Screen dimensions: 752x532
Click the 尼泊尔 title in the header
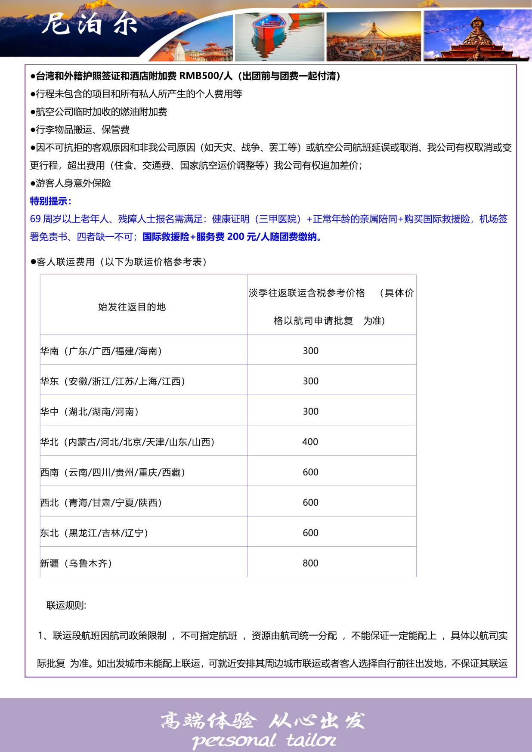[x=90, y=24]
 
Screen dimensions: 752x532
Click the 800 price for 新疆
[x=310, y=563]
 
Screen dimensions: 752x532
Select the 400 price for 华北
[x=310, y=442]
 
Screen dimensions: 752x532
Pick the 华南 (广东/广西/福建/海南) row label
[x=101, y=351]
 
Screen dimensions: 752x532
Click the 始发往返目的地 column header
[x=132, y=307]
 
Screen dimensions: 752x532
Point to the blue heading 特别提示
[x=50, y=201]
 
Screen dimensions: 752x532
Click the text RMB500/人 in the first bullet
[x=206, y=76]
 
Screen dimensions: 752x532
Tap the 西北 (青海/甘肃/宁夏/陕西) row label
[x=101, y=503]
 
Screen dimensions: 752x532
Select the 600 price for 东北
[x=310, y=533]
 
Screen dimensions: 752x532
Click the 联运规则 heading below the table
[x=66, y=605]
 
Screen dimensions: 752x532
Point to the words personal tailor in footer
[x=264, y=740]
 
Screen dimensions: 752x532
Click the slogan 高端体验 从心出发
[x=263, y=721]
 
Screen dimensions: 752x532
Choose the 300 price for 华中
[x=310, y=412]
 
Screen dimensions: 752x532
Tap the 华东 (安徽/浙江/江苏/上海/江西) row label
[x=113, y=381]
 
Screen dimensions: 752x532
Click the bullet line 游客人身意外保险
[x=71, y=183]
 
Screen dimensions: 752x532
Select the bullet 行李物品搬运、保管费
[x=80, y=130]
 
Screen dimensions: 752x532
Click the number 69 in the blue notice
[x=35, y=219]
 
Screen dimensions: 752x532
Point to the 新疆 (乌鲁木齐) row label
[x=76, y=563]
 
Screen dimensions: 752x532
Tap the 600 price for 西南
[x=310, y=472]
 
